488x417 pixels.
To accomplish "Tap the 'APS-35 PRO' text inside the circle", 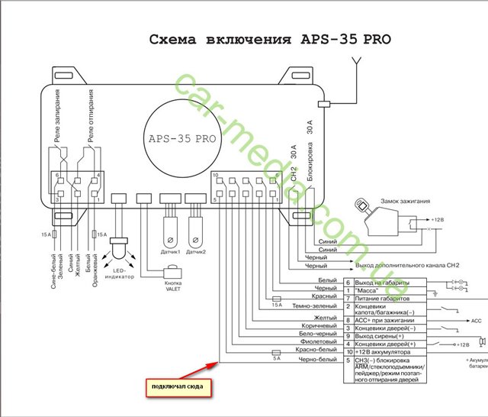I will pos(183,140).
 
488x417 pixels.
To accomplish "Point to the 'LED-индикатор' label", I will pos(120,273).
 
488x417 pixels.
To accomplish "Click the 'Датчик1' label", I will pos(171,251).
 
